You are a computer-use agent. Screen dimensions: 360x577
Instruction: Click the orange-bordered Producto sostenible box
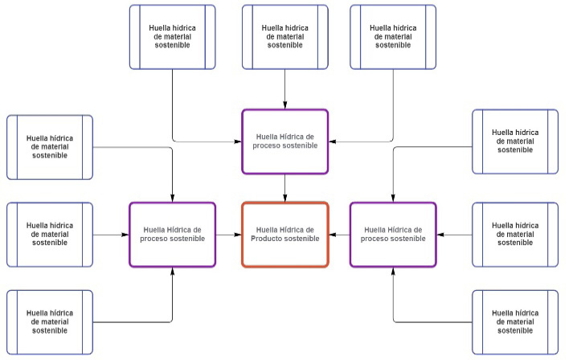[x=285, y=235]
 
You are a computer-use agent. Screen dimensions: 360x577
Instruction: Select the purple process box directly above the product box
[x=285, y=141]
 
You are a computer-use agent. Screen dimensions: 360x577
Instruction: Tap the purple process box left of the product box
[x=172, y=235]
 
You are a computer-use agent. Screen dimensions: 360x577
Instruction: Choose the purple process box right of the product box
[x=393, y=235]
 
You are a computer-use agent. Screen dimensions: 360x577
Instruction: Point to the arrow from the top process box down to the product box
[x=285, y=188]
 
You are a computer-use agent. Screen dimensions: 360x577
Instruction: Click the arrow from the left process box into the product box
[x=229, y=235]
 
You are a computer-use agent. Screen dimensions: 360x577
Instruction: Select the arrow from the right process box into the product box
[x=339, y=235]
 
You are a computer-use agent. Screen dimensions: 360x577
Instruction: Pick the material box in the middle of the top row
[x=285, y=37]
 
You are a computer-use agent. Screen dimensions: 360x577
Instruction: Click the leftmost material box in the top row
[x=173, y=37]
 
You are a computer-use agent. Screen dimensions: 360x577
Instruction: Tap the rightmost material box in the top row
[x=393, y=37]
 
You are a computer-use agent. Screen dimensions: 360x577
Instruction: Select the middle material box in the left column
[x=50, y=235]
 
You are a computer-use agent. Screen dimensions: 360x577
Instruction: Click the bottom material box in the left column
[x=50, y=322]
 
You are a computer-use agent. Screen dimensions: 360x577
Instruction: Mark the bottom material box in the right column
[x=514, y=322]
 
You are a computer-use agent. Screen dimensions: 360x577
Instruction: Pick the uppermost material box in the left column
[x=50, y=147]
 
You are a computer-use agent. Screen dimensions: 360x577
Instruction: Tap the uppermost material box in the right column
[x=514, y=141]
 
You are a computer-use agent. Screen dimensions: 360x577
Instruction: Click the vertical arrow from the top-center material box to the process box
[x=285, y=88]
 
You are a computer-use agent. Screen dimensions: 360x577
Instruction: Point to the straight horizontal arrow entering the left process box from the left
[x=111, y=235]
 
